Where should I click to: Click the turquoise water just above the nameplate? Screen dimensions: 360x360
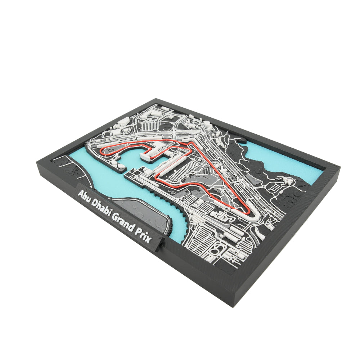104,180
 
